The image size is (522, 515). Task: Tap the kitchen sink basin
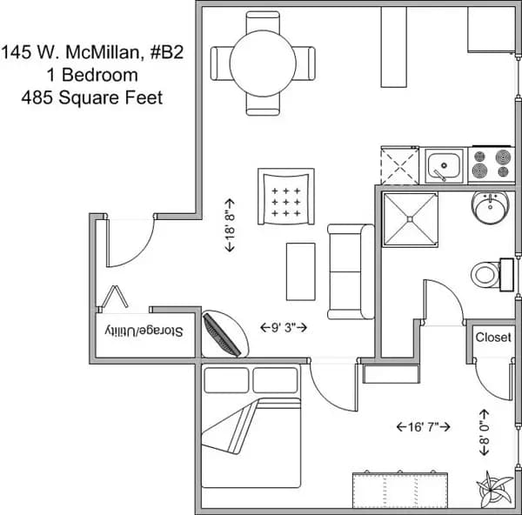pos(445,164)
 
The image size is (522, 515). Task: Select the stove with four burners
pos(490,164)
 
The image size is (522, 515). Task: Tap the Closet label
pos(493,337)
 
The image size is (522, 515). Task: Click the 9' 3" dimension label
pos(284,328)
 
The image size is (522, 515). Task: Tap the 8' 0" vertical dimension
pos(484,428)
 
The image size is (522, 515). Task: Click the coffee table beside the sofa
pos(300,271)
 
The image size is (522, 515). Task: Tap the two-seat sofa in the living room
pos(350,271)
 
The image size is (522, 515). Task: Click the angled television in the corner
pos(223,334)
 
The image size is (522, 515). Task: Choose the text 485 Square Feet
pos(92,97)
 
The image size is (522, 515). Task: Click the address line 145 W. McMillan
pos(92,52)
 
